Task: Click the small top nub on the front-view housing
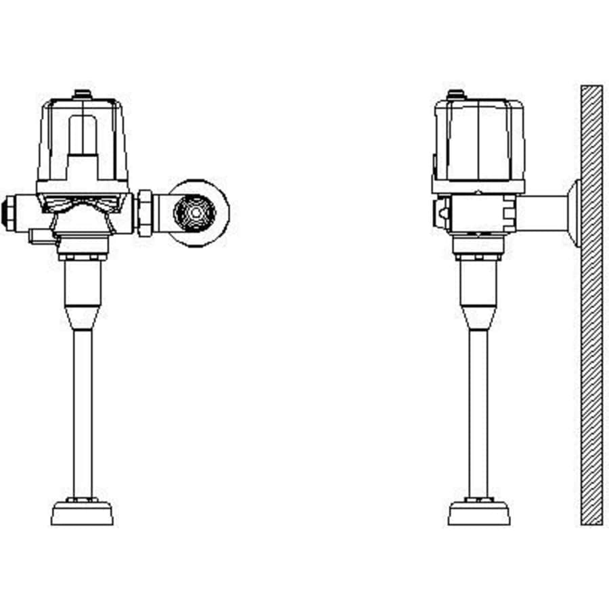pyautogui.click(x=83, y=93)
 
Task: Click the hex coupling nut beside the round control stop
pyautogui.click(x=145, y=212)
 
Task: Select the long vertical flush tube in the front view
pyautogui.click(x=83, y=413)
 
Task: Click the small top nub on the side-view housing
pyautogui.click(x=455, y=93)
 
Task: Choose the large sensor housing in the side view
pyautogui.click(x=478, y=142)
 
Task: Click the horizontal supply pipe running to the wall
pyautogui.click(x=545, y=211)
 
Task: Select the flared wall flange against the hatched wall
pyautogui.click(x=574, y=211)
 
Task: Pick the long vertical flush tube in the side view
pyautogui.click(x=478, y=413)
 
